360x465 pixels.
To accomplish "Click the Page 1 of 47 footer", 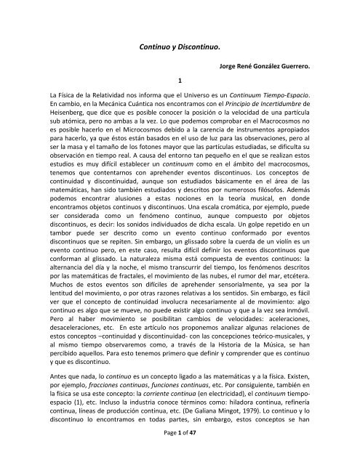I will click(179, 453).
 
